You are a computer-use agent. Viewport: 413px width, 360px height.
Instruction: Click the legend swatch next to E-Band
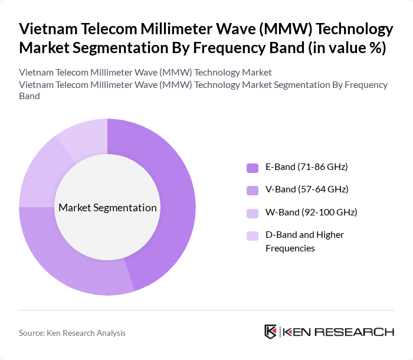pyautogui.click(x=253, y=168)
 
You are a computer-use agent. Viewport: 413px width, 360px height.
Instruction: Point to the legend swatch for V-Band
pyautogui.click(x=253, y=190)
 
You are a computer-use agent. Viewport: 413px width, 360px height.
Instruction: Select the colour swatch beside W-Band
pyautogui.click(x=253, y=212)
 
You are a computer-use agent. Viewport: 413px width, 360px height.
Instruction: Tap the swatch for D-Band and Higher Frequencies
pyautogui.click(x=253, y=235)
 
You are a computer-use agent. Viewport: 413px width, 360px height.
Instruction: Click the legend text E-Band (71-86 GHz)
pyautogui.click(x=306, y=167)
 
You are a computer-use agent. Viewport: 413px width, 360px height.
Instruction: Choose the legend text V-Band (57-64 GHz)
pyautogui.click(x=306, y=189)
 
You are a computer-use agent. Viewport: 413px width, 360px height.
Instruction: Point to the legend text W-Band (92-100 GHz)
pyautogui.click(x=311, y=212)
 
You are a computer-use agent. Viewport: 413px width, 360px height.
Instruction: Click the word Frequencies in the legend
pyautogui.click(x=290, y=248)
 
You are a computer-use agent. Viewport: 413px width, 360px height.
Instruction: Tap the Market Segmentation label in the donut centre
pyautogui.click(x=107, y=208)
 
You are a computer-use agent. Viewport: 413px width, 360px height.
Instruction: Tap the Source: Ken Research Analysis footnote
pyautogui.click(x=72, y=333)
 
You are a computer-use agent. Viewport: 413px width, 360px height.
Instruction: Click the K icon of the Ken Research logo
pyautogui.click(x=271, y=332)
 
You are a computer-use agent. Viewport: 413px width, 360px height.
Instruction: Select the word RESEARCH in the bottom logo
pyautogui.click(x=359, y=332)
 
